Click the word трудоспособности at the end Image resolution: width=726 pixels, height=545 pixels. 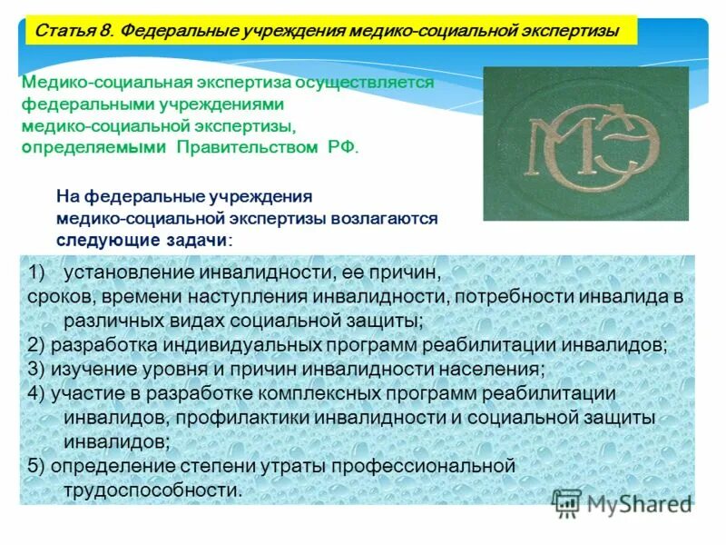coord(152,490)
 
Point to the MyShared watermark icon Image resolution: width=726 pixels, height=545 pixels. coord(567,502)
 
